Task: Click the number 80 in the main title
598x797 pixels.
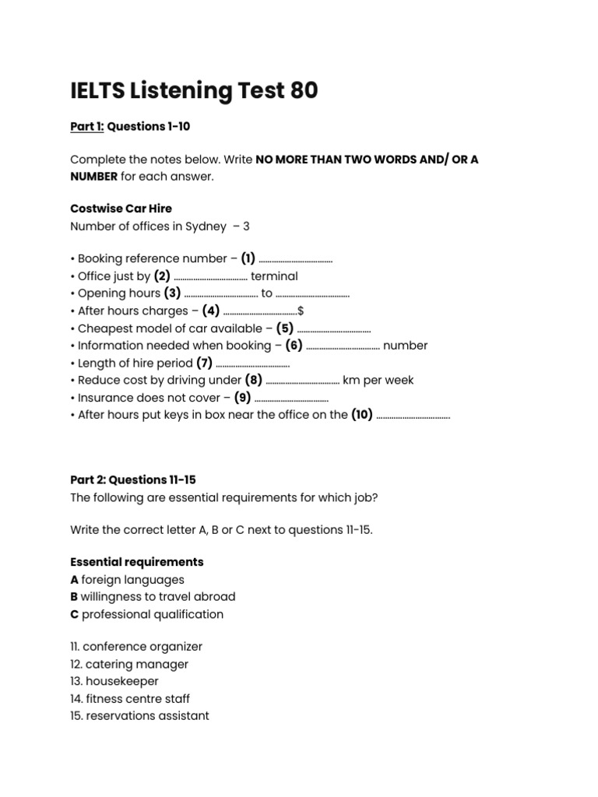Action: [x=303, y=91]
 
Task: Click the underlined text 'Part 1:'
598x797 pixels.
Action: [x=86, y=126]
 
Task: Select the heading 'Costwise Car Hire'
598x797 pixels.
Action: [x=121, y=209]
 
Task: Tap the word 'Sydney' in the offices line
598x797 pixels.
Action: [x=206, y=226]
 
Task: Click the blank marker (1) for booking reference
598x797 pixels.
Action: [x=248, y=258]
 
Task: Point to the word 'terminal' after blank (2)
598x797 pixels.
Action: [x=274, y=276]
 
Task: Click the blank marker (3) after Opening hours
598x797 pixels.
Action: [x=172, y=293]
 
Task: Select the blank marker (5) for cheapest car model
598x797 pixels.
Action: [x=285, y=328]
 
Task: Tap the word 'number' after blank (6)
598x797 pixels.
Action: [x=405, y=346]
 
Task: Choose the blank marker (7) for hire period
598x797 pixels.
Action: [x=204, y=363]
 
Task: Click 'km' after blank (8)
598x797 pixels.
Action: [x=351, y=381]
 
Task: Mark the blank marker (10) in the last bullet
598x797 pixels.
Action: [x=362, y=415]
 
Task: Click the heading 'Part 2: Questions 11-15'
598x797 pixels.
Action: [x=139, y=479]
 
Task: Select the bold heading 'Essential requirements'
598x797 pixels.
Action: [x=137, y=562]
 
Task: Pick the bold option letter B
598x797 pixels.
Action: [x=74, y=597]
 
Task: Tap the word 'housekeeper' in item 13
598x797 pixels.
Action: [x=121, y=681]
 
